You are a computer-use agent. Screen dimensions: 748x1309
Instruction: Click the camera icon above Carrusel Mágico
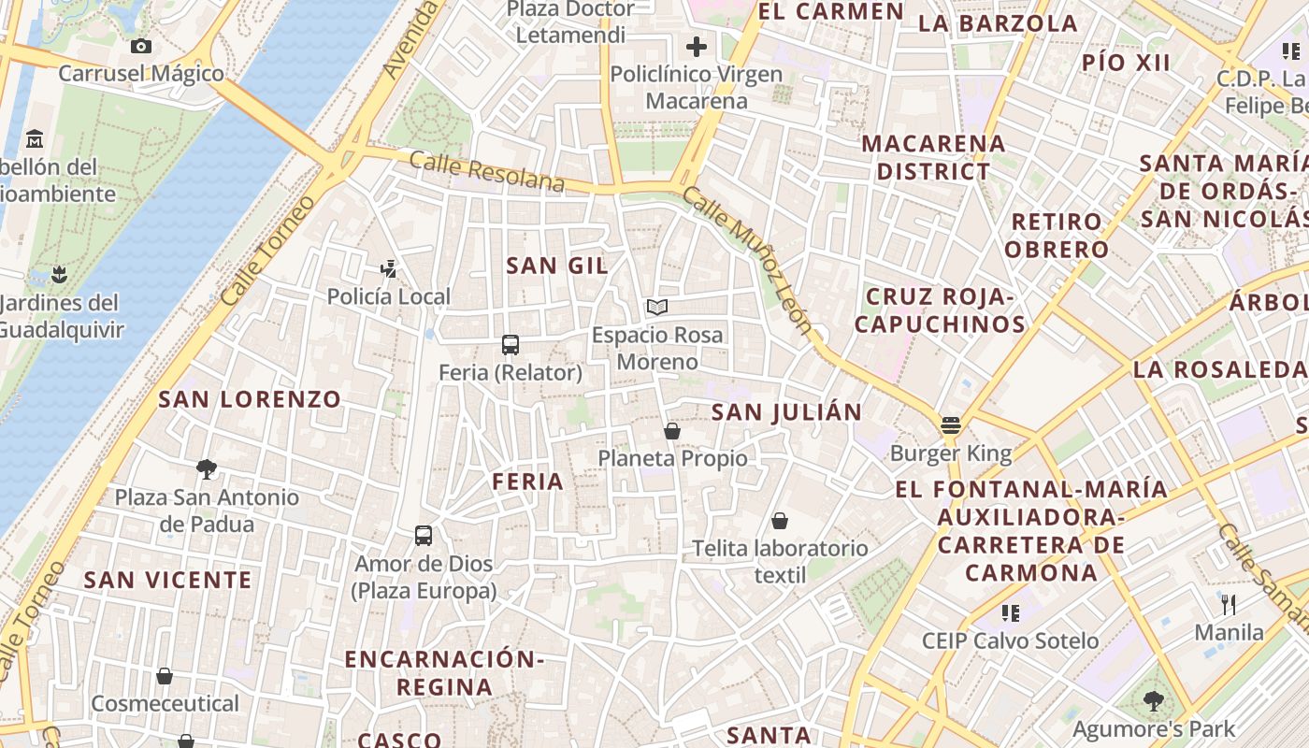(141, 46)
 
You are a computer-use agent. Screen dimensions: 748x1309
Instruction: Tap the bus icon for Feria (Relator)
(511, 345)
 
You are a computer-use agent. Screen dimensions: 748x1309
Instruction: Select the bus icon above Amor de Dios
(424, 536)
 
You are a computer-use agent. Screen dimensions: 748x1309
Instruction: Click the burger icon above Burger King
(951, 425)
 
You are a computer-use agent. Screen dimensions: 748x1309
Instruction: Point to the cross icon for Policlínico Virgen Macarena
(697, 46)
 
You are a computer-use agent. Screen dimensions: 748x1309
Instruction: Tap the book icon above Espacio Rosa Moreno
(657, 307)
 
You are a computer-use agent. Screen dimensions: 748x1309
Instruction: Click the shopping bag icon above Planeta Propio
(671, 431)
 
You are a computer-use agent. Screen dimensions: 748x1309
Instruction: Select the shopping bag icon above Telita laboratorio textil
(780, 521)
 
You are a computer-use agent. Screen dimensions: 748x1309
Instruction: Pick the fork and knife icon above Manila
(1229, 605)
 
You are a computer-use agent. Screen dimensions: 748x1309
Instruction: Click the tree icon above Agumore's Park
(1154, 700)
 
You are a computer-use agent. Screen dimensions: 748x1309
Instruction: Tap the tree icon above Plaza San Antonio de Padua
(207, 469)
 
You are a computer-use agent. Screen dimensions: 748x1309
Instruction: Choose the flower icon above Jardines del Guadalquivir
(60, 275)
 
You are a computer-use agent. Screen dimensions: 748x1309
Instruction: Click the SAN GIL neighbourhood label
(557, 266)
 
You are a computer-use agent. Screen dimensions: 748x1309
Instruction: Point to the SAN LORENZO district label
(250, 399)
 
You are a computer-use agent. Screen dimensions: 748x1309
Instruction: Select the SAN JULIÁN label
(786, 412)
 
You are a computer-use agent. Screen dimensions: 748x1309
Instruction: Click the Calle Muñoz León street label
(747, 259)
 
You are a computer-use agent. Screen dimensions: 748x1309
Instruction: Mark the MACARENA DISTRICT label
(933, 157)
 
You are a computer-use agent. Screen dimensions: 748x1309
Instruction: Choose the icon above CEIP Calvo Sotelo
(1010, 613)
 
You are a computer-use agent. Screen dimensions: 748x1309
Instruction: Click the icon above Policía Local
(389, 270)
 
